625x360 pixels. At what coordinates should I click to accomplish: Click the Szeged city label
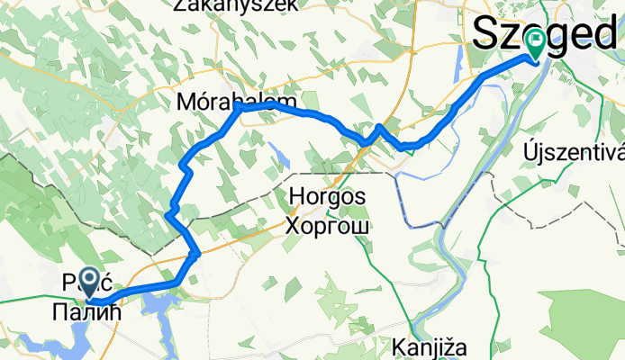coord(544,33)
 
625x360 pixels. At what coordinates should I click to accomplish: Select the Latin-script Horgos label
coord(326,196)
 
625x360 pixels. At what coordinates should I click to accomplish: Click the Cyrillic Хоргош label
coord(326,224)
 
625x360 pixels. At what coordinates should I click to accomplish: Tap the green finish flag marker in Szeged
coord(537,40)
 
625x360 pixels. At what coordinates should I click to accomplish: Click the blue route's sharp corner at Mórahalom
coord(237,107)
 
